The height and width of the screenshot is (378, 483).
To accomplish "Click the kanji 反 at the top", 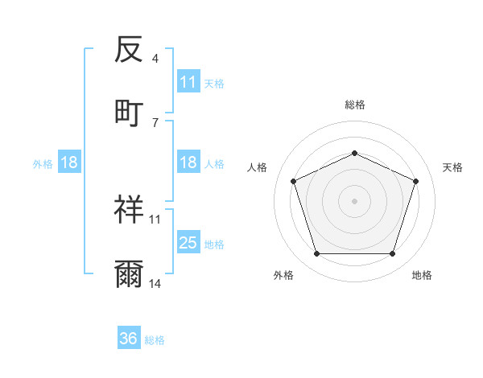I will pos(129,50).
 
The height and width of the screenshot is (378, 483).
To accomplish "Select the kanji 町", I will pos(129,113).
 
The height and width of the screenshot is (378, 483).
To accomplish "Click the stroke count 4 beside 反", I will pos(155,59).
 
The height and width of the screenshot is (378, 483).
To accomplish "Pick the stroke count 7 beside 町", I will pos(155,122).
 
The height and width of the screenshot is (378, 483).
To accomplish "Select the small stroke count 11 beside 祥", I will pos(155,219).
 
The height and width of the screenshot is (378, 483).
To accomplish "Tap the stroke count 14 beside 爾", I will pos(155,284).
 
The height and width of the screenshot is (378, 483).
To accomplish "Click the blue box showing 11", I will pos(188,82).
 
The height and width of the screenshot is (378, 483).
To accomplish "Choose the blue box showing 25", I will pos(188,243).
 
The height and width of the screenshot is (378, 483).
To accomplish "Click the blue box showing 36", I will pos(129,339).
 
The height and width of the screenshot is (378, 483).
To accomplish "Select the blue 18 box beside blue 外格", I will pos(69,163).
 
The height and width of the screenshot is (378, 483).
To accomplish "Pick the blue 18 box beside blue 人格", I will pos(188,162).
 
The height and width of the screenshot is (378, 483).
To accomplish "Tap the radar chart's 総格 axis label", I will pos(354,105).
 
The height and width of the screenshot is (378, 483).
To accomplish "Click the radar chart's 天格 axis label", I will pos(452,167).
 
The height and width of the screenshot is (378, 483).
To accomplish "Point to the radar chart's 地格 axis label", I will pos(422,275).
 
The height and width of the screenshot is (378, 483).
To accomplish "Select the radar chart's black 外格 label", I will pos(283,275).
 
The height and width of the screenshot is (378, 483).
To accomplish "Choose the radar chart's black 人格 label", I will pos(257,167).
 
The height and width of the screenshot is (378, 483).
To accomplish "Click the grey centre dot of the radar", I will pos(354,200).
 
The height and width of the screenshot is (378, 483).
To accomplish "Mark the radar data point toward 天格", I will pos(415,181).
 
